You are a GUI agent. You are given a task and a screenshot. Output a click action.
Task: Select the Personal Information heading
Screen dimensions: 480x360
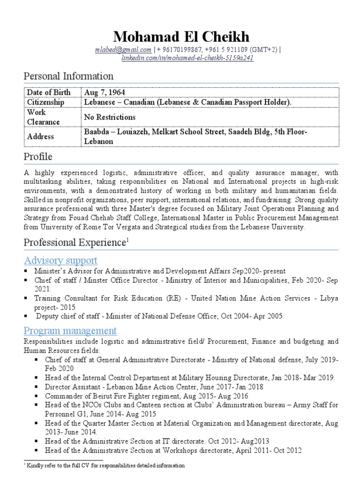[x=68, y=76]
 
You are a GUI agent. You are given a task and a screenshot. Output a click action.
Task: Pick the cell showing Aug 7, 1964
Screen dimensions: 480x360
[x=105, y=92]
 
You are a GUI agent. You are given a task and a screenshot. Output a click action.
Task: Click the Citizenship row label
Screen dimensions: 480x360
[x=45, y=102]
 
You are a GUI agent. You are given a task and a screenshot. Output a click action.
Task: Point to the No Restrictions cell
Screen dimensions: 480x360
[x=110, y=117]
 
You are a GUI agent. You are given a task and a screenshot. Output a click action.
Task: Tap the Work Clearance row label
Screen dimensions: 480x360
[x=43, y=117]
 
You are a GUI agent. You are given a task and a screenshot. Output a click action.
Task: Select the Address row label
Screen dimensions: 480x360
[x=40, y=136]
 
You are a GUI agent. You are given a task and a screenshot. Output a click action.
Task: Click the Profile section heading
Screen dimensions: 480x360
[x=38, y=157]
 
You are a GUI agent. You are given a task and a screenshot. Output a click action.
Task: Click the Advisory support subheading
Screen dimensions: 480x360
[x=60, y=260]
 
